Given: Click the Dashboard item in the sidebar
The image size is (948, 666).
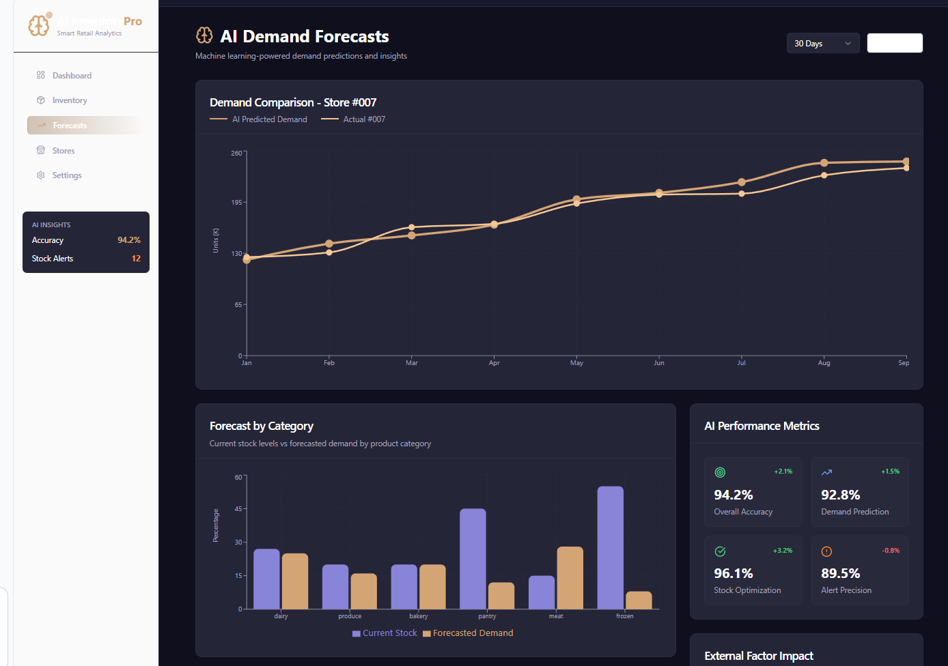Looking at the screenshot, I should (71, 76).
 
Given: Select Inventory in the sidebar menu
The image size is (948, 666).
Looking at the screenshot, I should (69, 100).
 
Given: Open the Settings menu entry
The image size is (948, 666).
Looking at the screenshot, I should (66, 175).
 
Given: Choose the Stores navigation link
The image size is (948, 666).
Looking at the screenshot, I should (63, 151).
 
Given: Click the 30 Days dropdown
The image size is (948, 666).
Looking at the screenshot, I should (822, 44).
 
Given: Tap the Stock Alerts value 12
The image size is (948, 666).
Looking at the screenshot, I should (136, 259).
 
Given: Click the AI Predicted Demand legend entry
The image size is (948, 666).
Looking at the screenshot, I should (269, 119).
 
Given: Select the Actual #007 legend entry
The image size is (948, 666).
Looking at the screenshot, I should (363, 119).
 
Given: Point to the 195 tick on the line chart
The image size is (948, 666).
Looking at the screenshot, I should (236, 203).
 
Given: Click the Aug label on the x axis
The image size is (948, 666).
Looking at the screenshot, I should (824, 363).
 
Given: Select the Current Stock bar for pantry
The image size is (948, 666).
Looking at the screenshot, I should (473, 558).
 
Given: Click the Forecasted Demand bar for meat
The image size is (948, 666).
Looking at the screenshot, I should (570, 577).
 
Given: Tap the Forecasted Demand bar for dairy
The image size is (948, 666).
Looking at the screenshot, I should (295, 581).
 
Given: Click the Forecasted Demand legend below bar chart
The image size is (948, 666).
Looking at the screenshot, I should (472, 633).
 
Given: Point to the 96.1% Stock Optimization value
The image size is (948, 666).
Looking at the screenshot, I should (733, 573).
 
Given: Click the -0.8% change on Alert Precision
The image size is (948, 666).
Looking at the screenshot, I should (891, 551).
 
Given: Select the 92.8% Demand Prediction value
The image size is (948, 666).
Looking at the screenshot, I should (840, 495).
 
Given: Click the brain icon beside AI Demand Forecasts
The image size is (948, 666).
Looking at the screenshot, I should (204, 35).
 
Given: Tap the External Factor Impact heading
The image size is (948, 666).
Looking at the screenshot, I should (758, 656).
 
